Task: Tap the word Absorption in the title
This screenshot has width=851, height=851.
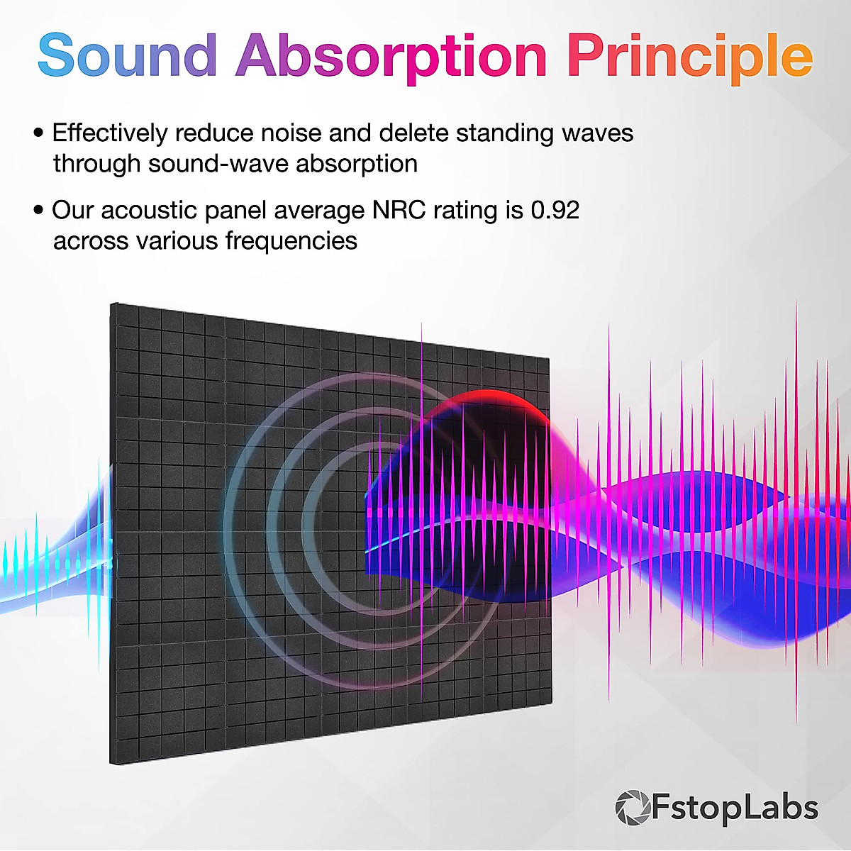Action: click(391, 57)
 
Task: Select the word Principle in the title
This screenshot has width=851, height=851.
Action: click(689, 57)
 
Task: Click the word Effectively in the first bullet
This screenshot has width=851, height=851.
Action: click(110, 133)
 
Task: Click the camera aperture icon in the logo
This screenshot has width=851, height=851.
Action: click(632, 808)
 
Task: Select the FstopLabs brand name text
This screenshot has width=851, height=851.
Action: click(734, 808)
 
